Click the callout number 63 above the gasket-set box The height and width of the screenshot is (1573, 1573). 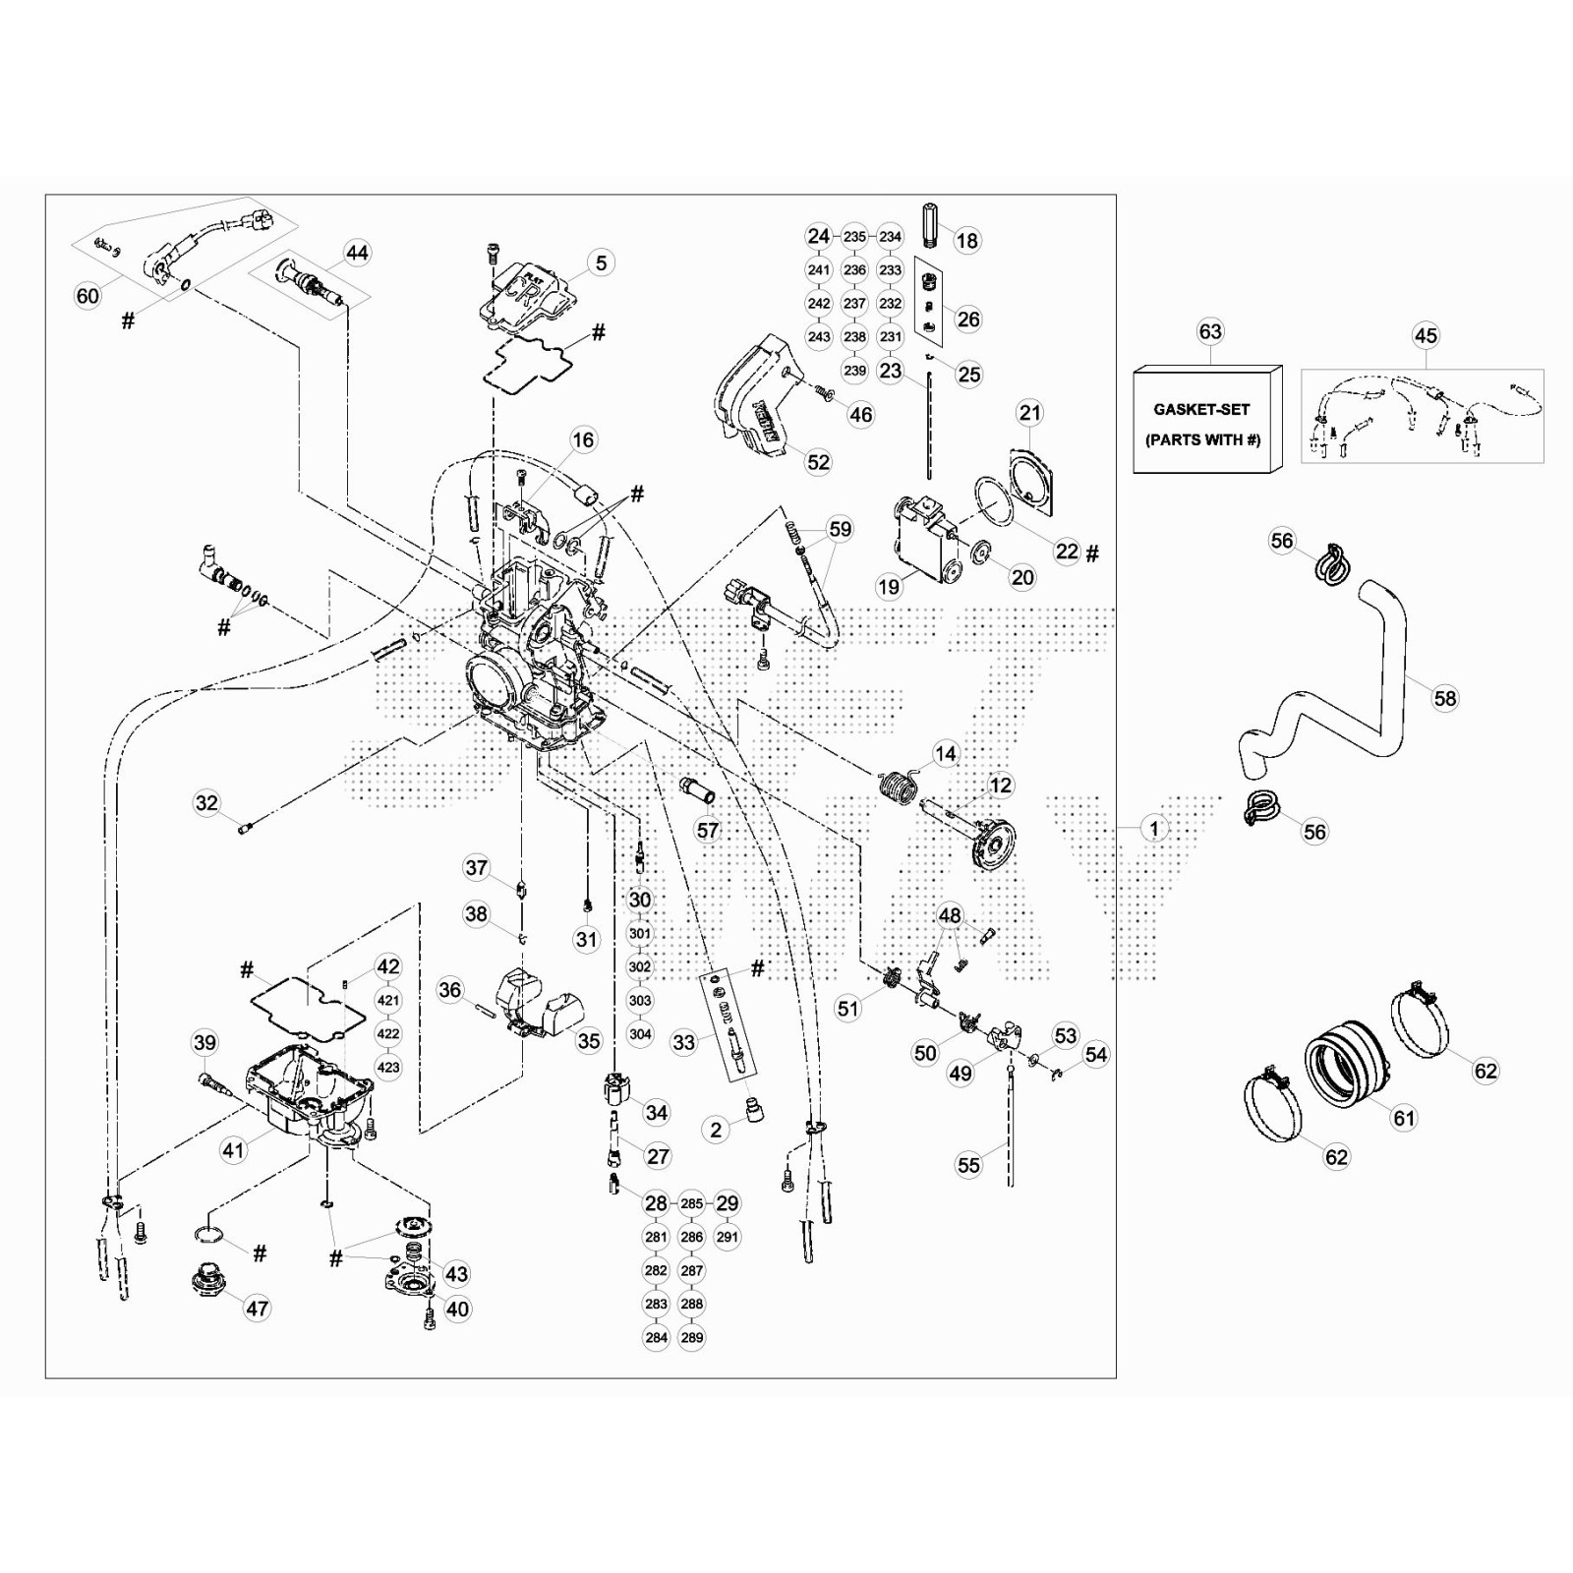(x=1209, y=331)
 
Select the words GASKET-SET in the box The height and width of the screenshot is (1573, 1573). (x=1201, y=410)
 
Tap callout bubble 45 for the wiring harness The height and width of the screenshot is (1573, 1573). (x=1426, y=335)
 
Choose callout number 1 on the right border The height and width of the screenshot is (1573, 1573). (x=1155, y=828)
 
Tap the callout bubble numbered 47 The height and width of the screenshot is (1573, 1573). (x=257, y=1309)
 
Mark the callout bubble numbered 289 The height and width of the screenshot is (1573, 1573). (x=692, y=1337)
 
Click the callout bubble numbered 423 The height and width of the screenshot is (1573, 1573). (x=388, y=1067)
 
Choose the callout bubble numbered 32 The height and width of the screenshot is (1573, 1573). (x=206, y=803)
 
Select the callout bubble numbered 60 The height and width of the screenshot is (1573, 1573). (x=87, y=295)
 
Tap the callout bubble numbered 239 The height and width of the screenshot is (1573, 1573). (x=854, y=371)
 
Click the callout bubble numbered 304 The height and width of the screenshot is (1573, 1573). (x=640, y=1034)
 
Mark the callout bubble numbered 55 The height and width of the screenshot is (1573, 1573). (x=968, y=1165)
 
